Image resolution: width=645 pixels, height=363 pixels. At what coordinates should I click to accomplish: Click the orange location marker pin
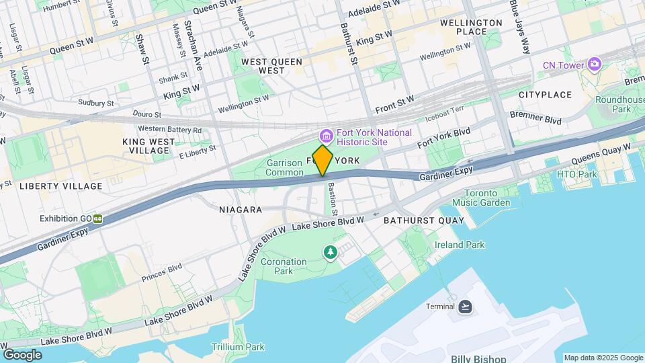pos(322,161)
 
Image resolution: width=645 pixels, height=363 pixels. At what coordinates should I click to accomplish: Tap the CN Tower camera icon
pos(594,65)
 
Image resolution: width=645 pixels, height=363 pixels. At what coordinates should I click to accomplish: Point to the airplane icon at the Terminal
pos(465,307)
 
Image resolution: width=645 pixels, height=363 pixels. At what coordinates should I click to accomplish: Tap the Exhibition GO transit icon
pos(98,218)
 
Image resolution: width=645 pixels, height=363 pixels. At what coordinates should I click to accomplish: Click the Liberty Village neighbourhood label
pos(61,186)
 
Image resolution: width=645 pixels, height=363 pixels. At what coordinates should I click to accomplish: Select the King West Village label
pos(149,146)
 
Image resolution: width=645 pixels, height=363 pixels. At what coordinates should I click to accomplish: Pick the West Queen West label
pos(271,66)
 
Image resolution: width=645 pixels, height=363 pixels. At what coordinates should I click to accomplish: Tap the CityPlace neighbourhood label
pos(545,95)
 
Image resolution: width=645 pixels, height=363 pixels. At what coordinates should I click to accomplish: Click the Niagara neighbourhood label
pos(240,210)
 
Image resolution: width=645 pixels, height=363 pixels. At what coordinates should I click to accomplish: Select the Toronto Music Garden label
pos(480,198)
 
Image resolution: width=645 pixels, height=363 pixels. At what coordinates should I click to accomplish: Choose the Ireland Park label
pos(460,245)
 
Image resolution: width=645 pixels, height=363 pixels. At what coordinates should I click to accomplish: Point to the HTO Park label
pos(576,174)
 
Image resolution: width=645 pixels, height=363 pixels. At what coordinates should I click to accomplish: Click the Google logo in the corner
pos(22,354)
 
